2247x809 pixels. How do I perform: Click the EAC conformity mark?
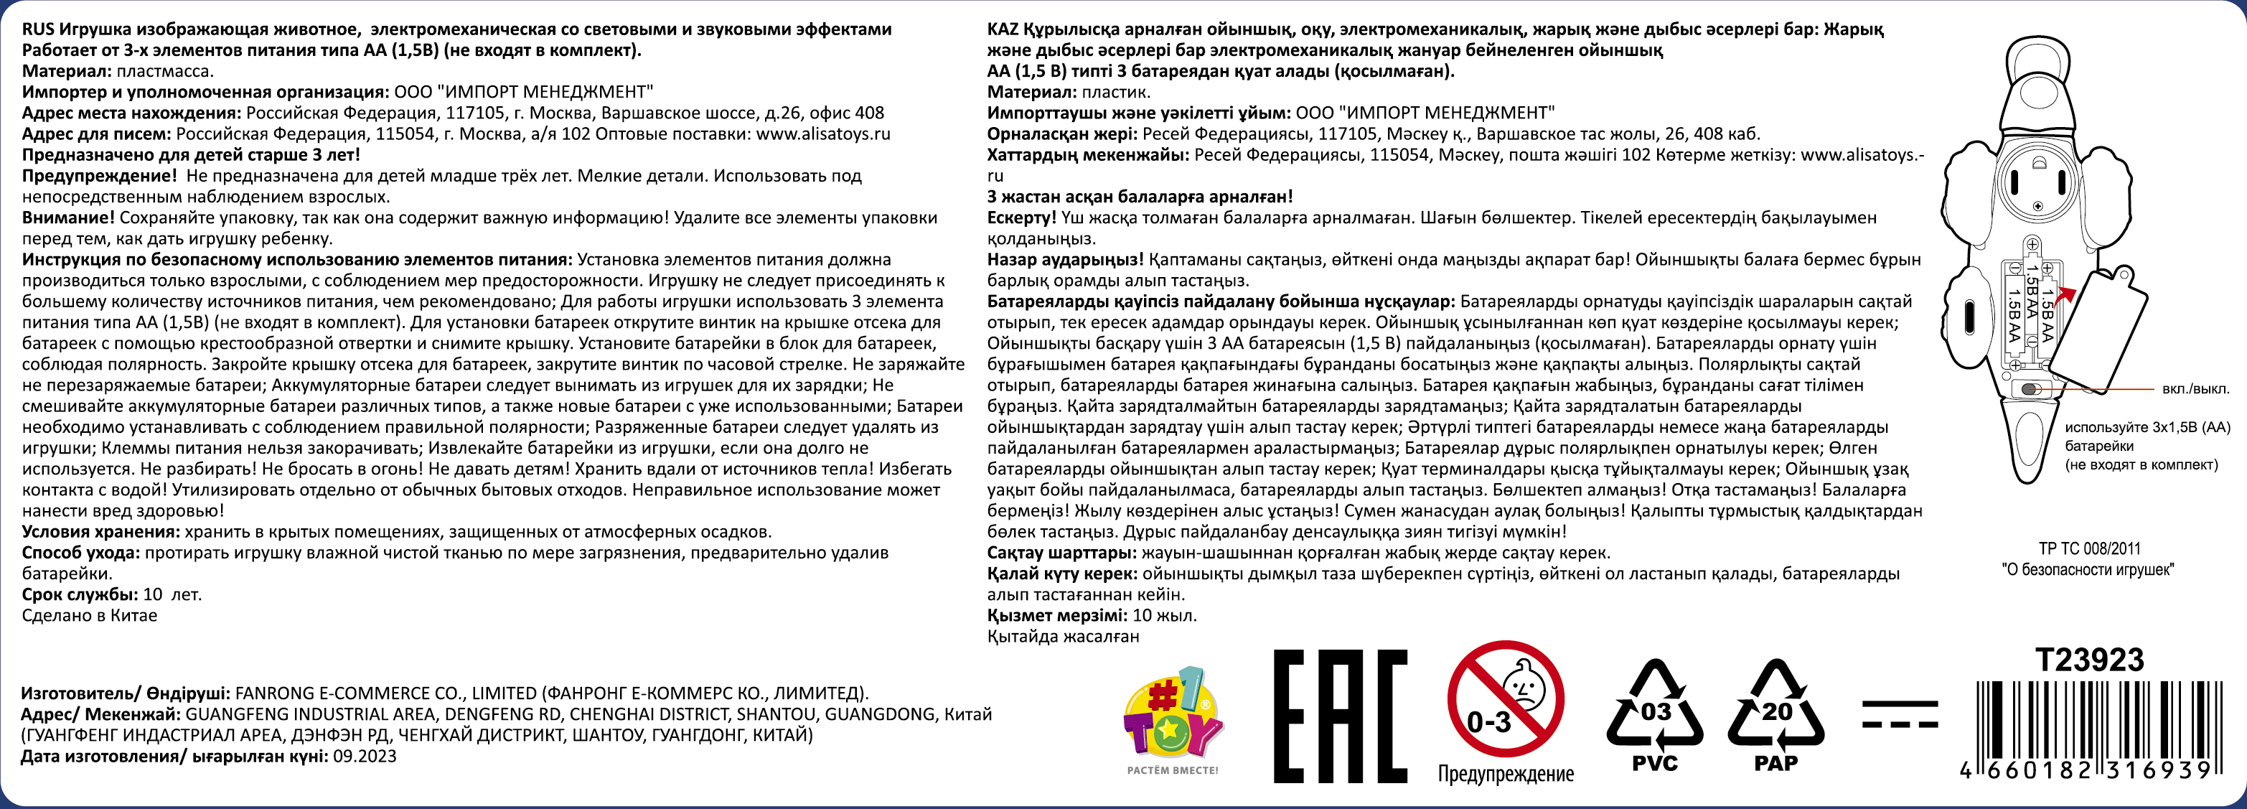tap(1340, 716)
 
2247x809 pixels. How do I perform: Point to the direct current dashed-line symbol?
tap(1899, 713)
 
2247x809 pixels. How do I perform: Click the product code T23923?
tap(2089, 660)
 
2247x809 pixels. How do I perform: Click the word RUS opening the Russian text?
tap(37, 29)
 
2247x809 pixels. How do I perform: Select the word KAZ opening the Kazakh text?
tap(1003, 29)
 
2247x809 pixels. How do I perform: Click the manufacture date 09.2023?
tap(365, 757)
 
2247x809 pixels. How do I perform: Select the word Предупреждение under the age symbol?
tap(1506, 774)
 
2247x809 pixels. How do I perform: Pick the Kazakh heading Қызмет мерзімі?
tap(1056, 616)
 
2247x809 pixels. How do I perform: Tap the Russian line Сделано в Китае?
tap(89, 616)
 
